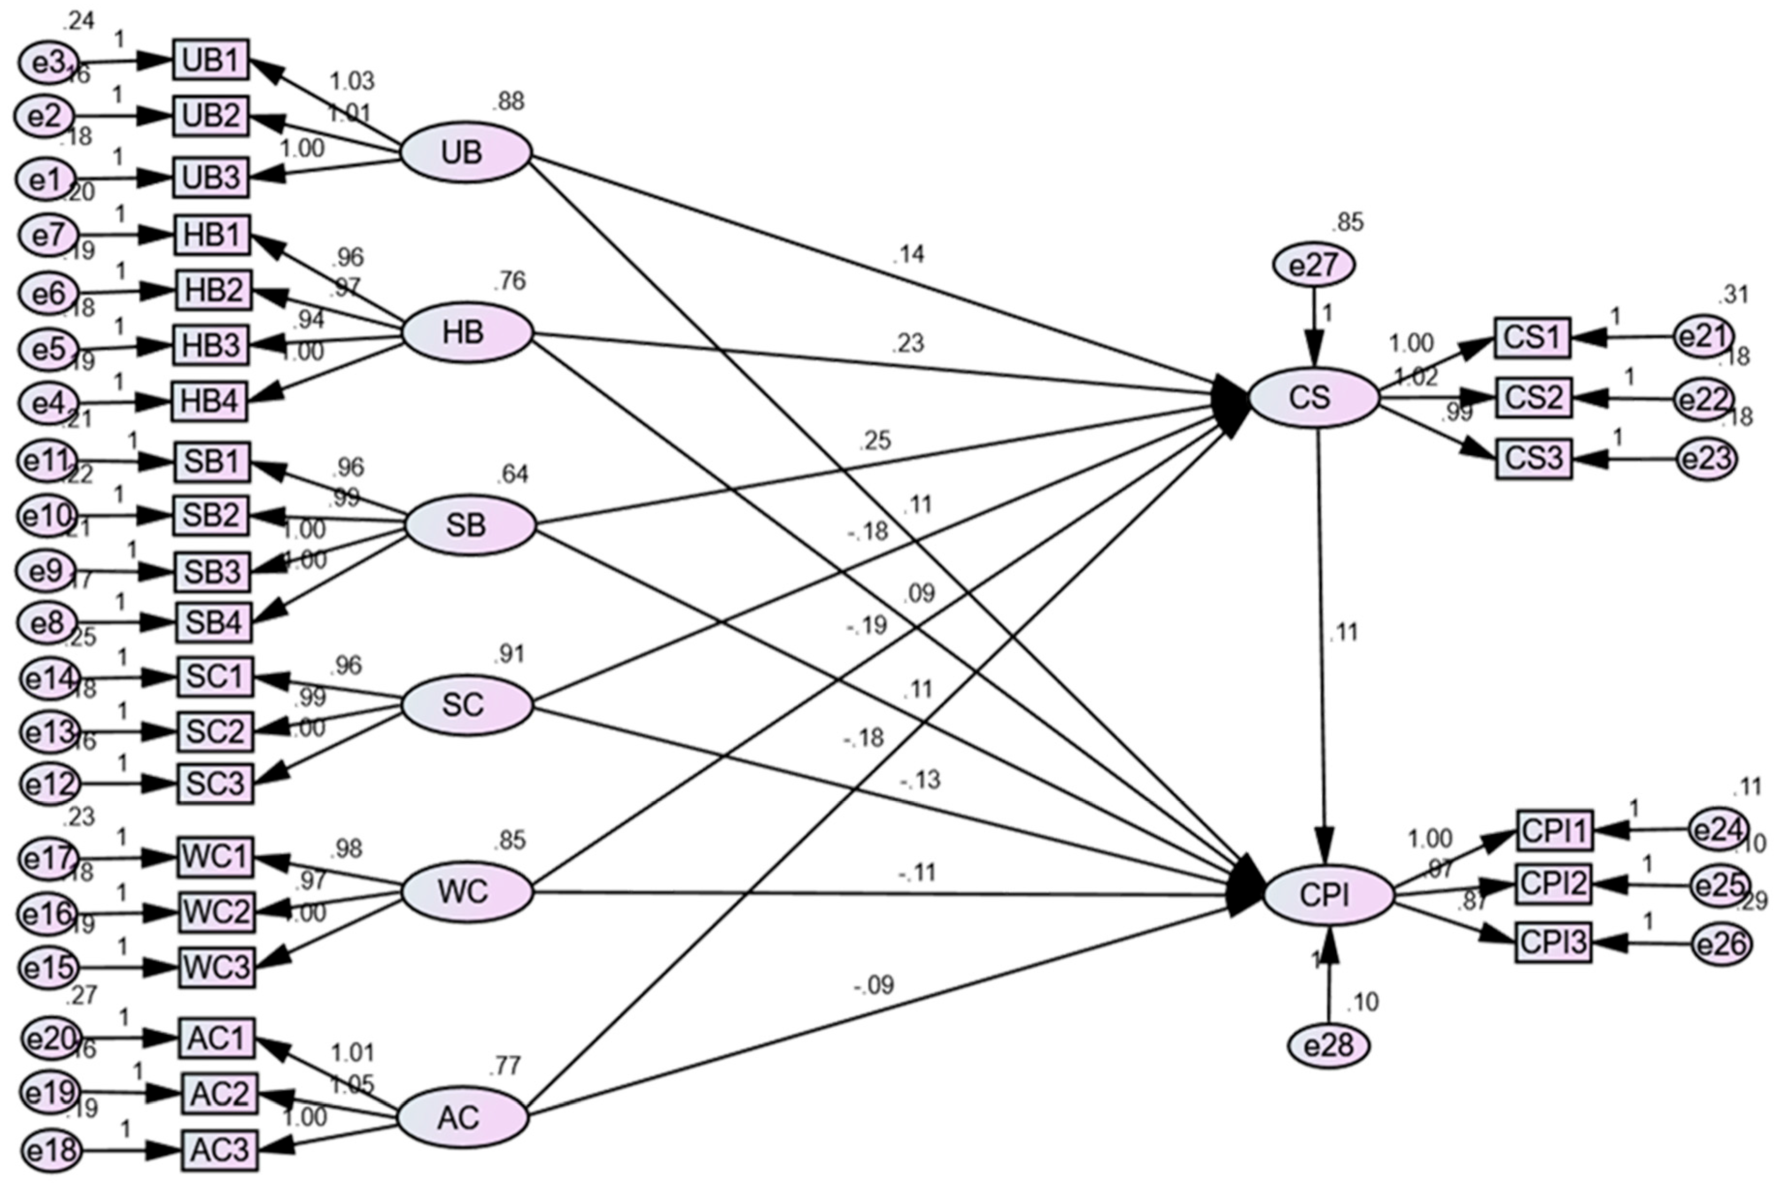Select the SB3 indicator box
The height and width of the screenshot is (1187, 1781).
click(x=213, y=572)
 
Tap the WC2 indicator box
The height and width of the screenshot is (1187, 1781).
click(x=216, y=912)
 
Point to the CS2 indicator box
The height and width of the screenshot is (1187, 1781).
click(x=1533, y=398)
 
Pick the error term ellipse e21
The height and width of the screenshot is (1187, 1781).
click(x=1704, y=337)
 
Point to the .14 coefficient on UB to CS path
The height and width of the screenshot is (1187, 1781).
click(x=908, y=255)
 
